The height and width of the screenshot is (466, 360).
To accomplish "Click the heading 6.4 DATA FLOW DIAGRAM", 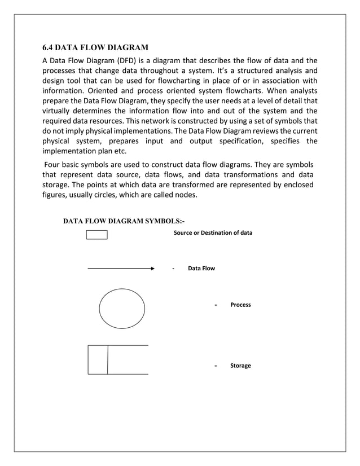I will coord(95,47).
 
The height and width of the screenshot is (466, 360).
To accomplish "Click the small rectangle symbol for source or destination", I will coord(96,235).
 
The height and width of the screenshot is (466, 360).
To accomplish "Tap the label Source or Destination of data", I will coord(213,233).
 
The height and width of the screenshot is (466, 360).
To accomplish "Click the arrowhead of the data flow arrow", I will coord(152,269).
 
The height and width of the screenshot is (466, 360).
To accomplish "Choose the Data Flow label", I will coord(201,269).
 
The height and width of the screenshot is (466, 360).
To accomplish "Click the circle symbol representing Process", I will coord(122,309).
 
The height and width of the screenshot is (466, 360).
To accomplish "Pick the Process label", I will coord(240,305).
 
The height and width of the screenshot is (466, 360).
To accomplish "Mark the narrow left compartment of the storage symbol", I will coord(98,359).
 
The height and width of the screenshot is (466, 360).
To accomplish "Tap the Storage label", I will coord(240,366).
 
